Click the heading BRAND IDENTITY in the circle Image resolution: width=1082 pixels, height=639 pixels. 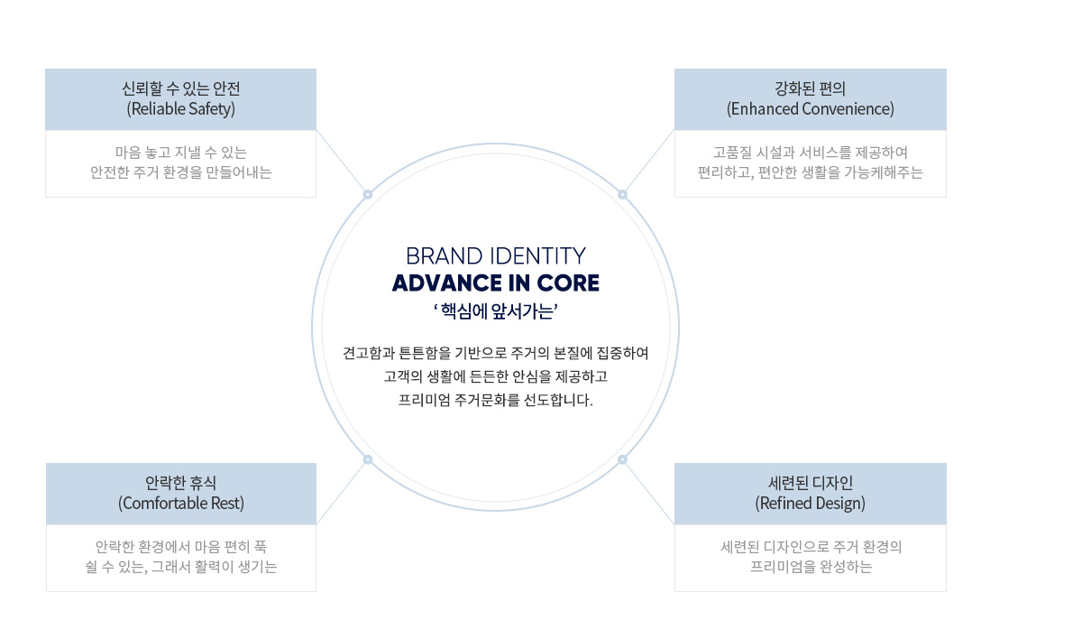click(x=496, y=256)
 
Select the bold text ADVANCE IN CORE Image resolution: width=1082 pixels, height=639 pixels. click(x=496, y=283)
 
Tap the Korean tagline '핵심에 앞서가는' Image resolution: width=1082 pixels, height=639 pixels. click(x=496, y=310)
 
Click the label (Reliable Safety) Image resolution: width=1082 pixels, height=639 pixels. click(x=180, y=108)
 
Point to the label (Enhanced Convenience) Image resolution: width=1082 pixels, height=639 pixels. click(x=810, y=108)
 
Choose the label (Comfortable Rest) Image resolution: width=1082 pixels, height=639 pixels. click(x=180, y=504)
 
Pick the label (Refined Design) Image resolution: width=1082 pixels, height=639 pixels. click(x=810, y=504)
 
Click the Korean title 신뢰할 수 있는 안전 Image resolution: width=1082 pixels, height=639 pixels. click(x=180, y=88)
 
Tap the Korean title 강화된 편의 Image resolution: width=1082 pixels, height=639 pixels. click(x=810, y=88)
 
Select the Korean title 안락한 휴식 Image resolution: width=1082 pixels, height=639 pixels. click(x=180, y=483)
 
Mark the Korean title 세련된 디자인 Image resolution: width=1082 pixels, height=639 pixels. click(x=810, y=483)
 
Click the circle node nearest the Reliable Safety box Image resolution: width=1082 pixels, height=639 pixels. click(x=368, y=194)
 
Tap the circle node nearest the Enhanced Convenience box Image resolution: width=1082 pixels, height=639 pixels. click(x=622, y=194)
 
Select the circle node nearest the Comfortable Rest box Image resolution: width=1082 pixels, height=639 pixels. click(x=368, y=459)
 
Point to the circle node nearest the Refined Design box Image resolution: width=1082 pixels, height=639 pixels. click(x=622, y=459)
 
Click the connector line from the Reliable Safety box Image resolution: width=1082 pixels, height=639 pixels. click(x=341, y=161)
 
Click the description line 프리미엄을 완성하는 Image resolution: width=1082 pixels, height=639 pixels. click(x=811, y=567)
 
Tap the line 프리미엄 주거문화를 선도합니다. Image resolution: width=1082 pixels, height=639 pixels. click(x=496, y=400)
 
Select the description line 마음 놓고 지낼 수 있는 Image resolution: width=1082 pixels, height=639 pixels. click(x=180, y=153)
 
